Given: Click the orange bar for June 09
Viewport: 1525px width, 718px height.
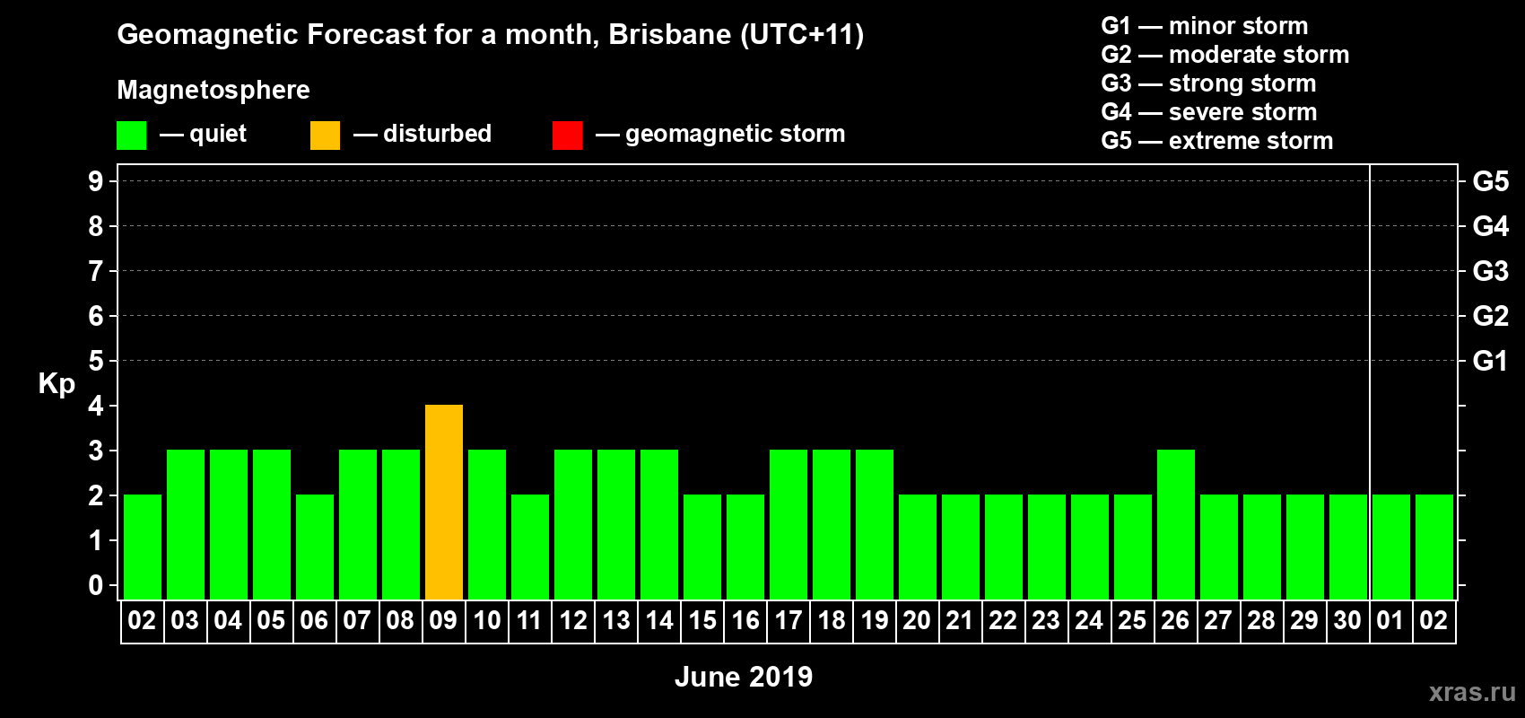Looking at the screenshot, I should click(444, 502).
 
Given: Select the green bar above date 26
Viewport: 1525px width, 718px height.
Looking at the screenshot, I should click(1176, 524).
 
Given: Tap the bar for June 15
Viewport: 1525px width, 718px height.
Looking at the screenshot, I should click(702, 547).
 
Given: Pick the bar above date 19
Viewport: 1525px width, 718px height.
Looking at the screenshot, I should click(875, 524).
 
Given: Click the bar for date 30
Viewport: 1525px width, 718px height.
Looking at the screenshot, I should click(1348, 547).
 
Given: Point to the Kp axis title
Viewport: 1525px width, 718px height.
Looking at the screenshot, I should click(57, 383).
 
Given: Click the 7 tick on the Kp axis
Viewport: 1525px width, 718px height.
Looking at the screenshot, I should click(96, 271).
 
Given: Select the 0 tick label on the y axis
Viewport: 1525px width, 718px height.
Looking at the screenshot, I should click(96, 585).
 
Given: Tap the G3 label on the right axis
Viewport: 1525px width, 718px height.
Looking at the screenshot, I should click(1490, 271).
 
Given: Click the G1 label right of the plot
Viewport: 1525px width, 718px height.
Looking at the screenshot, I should click(1490, 361).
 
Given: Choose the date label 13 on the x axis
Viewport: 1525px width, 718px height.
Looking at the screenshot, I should click(616, 620).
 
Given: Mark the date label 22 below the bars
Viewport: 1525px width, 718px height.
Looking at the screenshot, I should click(1003, 620).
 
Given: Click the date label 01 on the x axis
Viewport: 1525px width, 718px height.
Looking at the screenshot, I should click(1390, 620).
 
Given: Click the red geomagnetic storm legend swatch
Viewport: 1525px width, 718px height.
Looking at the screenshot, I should click(567, 136).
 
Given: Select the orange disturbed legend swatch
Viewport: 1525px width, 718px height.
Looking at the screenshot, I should click(325, 136).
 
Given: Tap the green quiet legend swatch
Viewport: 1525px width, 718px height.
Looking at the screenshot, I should click(131, 136).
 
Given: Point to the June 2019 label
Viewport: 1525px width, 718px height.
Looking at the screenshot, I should click(743, 677).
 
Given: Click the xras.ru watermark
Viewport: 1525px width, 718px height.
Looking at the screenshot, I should click(1472, 692).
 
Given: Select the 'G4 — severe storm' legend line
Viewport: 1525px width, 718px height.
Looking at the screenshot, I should click(1208, 112).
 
